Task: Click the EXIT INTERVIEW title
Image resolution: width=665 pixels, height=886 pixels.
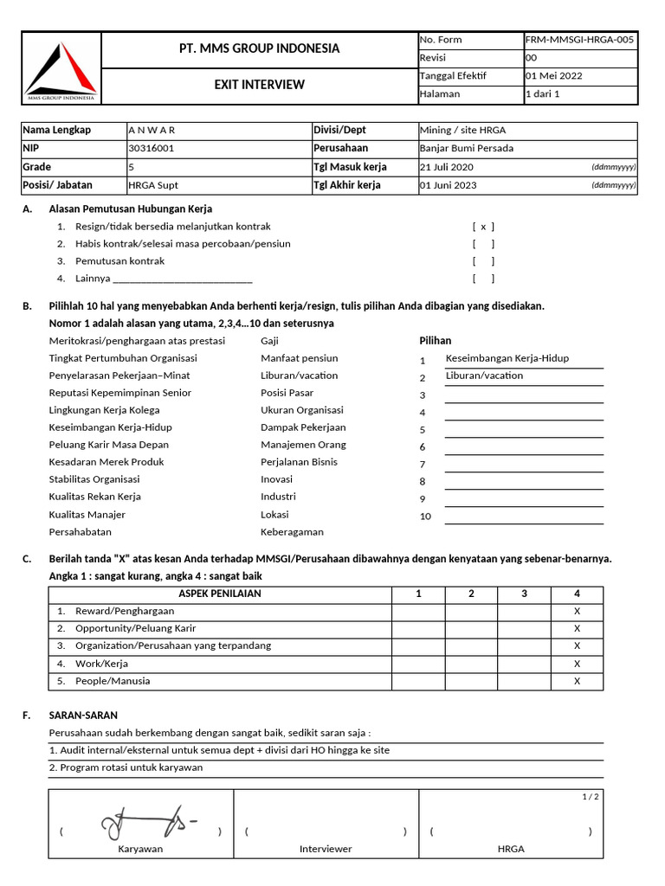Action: (x=259, y=85)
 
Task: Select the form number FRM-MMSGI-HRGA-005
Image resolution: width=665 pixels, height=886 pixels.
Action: (x=579, y=40)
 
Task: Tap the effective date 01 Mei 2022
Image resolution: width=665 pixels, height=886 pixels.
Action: (x=554, y=76)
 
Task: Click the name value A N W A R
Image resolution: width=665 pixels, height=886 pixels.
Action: (x=152, y=131)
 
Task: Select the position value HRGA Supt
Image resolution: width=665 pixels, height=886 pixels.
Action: (x=153, y=185)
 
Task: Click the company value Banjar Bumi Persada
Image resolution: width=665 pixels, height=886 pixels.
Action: (x=466, y=149)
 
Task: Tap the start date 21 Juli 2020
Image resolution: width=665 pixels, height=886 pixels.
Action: (x=448, y=167)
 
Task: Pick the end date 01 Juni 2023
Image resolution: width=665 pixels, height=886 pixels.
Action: (x=449, y=185)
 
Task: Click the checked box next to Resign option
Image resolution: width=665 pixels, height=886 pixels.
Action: (x=483, y=227)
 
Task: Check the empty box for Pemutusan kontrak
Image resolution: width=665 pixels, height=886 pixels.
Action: (x=483, y=261)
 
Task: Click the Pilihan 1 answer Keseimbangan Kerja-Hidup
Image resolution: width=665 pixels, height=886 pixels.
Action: (x=507, y=358)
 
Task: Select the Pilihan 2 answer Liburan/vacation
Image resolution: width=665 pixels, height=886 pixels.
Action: (x=484, y=376)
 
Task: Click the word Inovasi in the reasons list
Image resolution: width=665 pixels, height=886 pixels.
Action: (x=278, y=479)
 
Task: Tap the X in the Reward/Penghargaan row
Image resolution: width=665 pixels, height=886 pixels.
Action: (x=577, y=612)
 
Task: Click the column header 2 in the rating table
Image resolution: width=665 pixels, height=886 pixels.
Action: (x=471, y=594)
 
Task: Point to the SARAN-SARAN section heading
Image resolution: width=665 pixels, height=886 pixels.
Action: (x=83, y=716)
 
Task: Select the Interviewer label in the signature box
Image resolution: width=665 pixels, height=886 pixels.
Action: (x=326, y=849)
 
